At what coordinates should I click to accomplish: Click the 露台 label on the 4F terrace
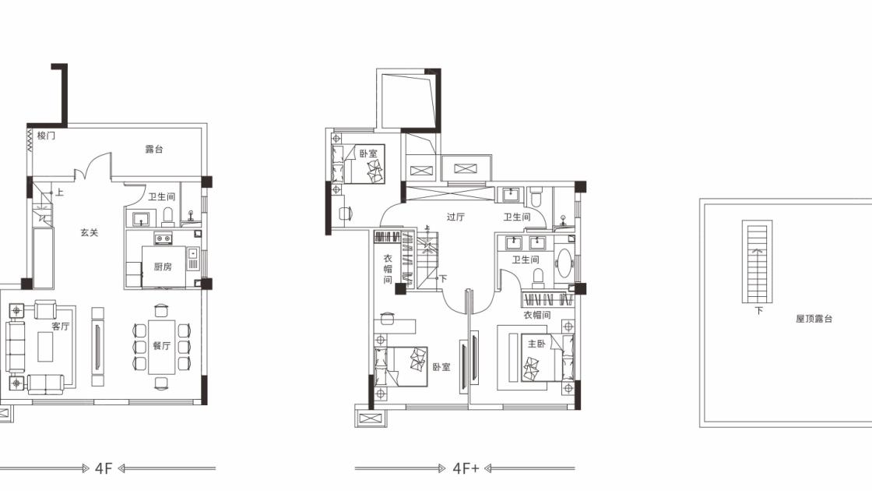tap(154, 149)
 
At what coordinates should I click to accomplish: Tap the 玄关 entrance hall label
tap(89, 233)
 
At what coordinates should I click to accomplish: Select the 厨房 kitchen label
tap(163, 267)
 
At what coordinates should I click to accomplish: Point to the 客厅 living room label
tap(61, 327)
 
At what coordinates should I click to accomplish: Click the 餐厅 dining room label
tap(162, 346)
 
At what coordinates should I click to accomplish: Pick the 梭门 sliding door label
tap(46, 136)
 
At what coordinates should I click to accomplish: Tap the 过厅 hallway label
tap(455, 217)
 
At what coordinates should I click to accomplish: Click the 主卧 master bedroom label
tap(536, 344)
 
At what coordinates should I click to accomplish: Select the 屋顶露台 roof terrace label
tap(814, 319)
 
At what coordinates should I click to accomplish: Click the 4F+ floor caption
tap(466, 468)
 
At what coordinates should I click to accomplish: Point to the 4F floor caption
tap(104, 468)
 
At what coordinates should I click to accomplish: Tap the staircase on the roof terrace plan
tap(757, 262)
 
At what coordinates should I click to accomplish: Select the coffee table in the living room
tap(46, 346)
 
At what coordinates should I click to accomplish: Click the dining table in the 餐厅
tap(162, 346)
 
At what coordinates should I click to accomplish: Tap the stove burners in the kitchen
tap(163, 238)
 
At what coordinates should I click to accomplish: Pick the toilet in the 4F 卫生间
tap(168, 216)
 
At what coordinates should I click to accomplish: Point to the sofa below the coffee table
tap(46, 383)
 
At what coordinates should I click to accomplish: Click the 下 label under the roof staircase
tap(758, 311)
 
